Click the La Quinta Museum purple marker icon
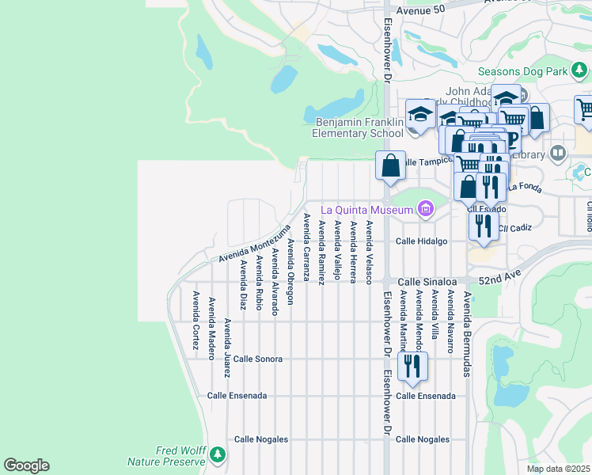(x=427, y=209)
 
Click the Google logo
(x=26, y=465)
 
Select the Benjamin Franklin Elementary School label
(x=359, y=127)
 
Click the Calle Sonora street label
(x=257, y=359)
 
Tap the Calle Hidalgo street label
(x=422, y=241)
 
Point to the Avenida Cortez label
(x=195, y=315)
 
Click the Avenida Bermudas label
(x=467, y=333)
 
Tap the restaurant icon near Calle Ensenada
(x=412, y=367)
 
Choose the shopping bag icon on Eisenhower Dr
(x=390, y=167)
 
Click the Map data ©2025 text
(x=558, y=469)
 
